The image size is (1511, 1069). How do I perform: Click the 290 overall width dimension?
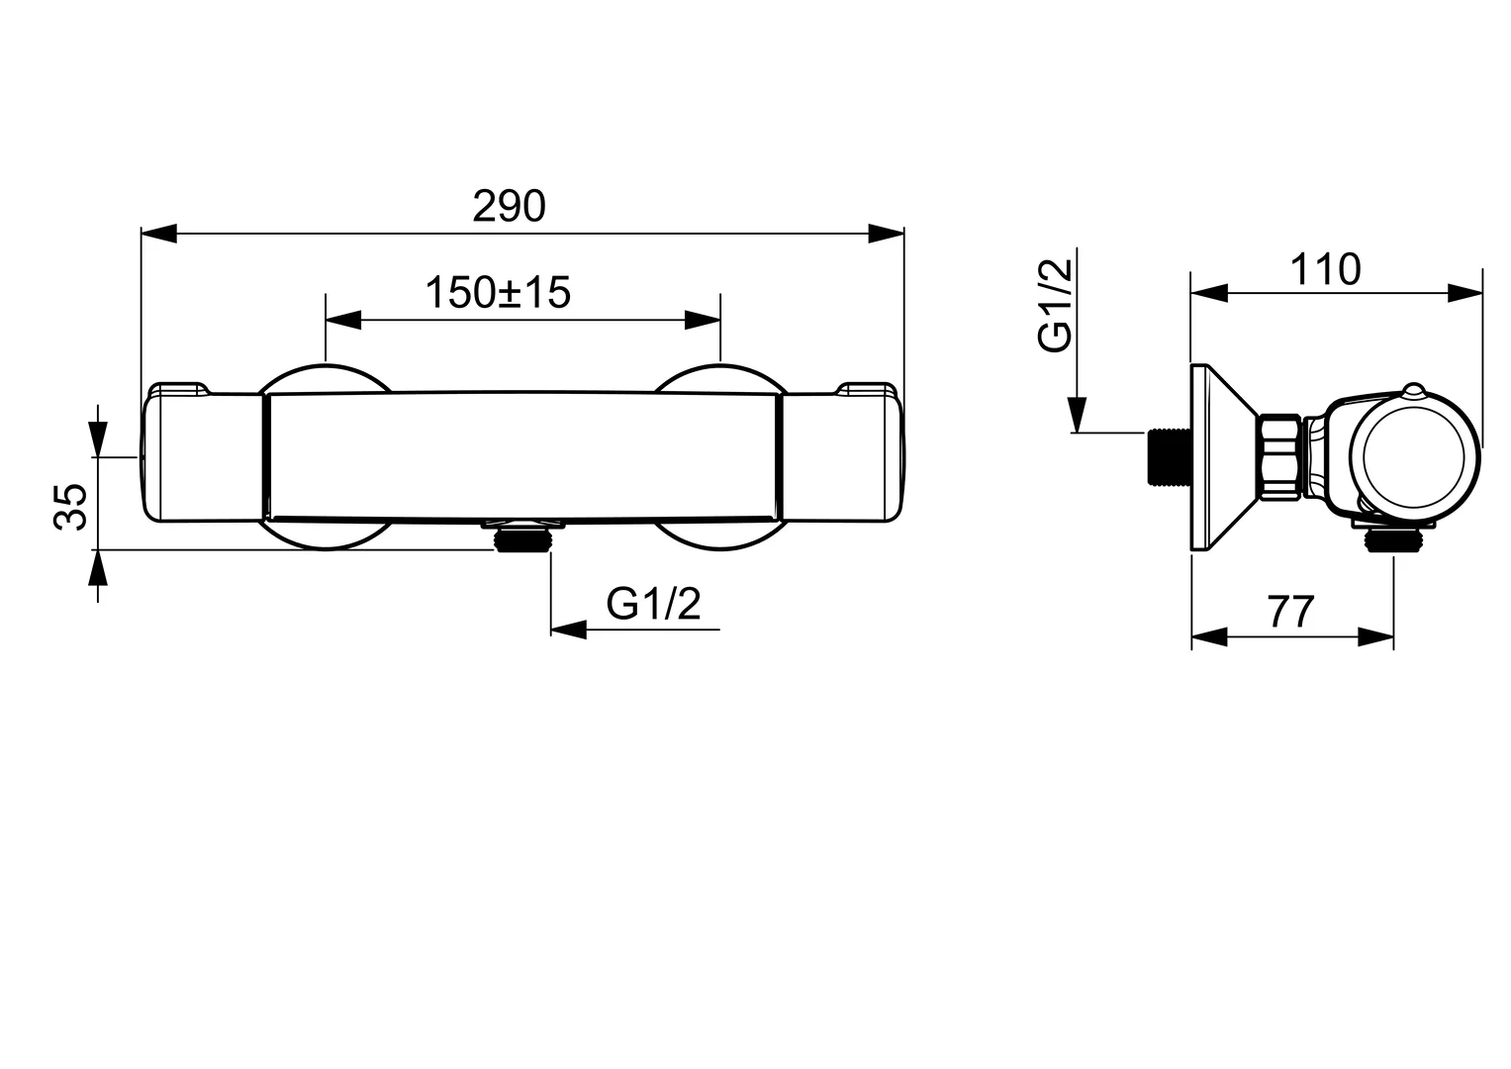[x=509, y=207]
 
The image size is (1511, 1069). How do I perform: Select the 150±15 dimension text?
[x=498, y=293]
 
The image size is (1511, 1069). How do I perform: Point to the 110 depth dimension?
[x=1325, y=269]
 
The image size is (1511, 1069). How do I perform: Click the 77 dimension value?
[x=1290, y=613]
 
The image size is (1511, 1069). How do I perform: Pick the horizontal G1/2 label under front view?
[x=653, y=604]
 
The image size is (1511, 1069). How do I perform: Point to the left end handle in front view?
[x=203, y=454]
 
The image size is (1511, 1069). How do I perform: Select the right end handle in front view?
[x=843, y=454]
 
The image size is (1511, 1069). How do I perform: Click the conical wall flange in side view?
[x=1221, y=456]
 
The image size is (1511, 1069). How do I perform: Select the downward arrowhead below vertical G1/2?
[x=1077, y=415]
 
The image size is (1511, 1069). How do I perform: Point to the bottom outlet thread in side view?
[x=1393, y=539]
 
